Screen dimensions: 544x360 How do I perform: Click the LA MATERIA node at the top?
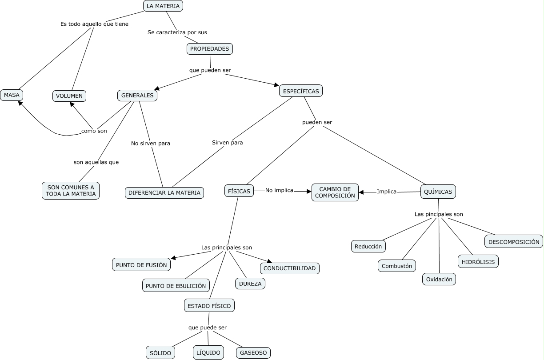coord(163,6)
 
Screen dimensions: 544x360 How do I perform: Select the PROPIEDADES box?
coord(210,49)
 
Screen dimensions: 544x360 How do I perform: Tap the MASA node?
coord(12,95)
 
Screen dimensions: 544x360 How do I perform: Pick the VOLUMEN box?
coord(69,96)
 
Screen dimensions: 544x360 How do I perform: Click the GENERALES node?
coord(137,96)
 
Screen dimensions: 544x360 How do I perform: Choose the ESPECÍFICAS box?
coord(301,91)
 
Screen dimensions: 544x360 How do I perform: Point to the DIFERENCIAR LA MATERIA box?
coord(164,193)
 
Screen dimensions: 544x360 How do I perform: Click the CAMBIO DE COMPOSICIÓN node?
coord(335,192)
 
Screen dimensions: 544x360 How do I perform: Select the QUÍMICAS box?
coord(438,192)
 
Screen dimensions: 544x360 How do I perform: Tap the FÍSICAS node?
coord(239,191)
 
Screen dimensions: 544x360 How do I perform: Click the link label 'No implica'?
coord(279,190)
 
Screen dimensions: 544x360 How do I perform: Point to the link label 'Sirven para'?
coord(227,143)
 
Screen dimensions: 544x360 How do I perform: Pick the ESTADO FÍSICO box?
coord(209,306)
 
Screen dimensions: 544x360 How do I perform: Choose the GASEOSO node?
coord(253,353)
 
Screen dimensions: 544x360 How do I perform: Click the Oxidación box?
coord(439,280)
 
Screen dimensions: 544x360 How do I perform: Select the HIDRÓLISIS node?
coord(478,262)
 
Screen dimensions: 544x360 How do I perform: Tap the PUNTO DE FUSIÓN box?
coord(141,265)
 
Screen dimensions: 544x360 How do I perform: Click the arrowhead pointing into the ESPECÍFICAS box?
coord(276,85)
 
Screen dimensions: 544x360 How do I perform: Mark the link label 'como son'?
coord(94,131)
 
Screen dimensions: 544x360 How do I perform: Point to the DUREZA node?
coord(250,284)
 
